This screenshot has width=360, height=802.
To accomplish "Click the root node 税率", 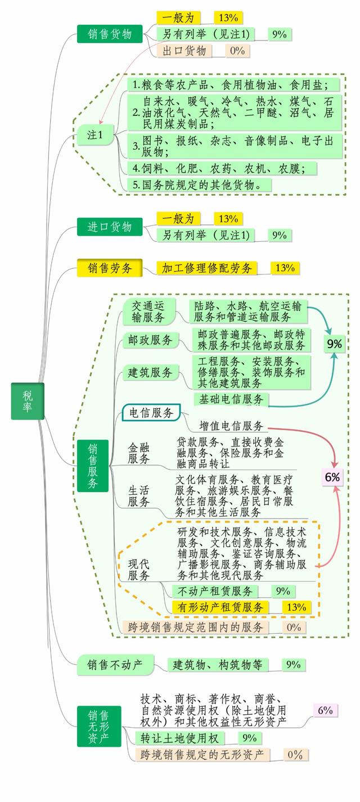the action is click(28, 401).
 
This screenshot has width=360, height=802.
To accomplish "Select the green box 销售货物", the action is click(110, 34).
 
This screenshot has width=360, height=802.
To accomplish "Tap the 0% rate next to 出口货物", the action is click(237, 51).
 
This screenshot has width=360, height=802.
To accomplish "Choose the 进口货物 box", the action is click(110, 227).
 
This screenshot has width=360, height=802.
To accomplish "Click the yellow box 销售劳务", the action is click(110, 268).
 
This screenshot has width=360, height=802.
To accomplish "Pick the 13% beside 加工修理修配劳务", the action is click(285, 268).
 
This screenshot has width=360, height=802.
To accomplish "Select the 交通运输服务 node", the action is click(148, 312).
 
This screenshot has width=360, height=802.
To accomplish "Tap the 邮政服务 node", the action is click(150, 340).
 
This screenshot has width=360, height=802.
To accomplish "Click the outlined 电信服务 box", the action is click(151, 413).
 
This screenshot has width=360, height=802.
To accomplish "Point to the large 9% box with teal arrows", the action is click(334, 344).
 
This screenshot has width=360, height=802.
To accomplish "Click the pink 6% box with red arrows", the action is click(332, 477).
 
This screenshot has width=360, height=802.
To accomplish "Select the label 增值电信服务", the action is click(231, 426).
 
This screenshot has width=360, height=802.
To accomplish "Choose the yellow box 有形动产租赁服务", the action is click(220, 607).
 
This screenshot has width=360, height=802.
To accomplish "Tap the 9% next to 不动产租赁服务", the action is click(283, 591).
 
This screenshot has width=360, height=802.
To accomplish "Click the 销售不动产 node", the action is click(115, 665).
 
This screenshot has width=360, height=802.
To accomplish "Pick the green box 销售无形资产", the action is click(99, 726).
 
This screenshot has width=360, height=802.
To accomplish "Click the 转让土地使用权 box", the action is click(180, 738).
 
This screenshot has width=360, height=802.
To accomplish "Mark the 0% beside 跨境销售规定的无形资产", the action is click(295, 755).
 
